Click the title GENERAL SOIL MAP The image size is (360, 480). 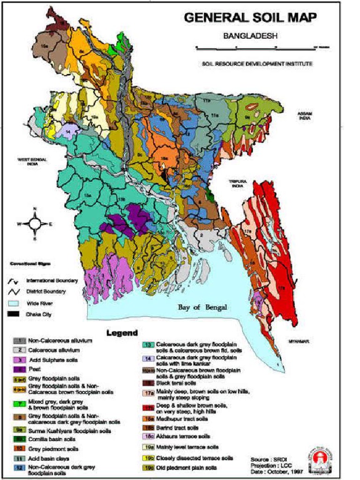(250, 17)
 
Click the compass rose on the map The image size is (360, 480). (35, 224)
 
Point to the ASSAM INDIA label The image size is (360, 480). (305, 116)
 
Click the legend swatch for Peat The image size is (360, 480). (19, 369)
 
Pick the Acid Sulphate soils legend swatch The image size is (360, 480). (19, 360)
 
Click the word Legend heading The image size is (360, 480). (122, 333)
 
